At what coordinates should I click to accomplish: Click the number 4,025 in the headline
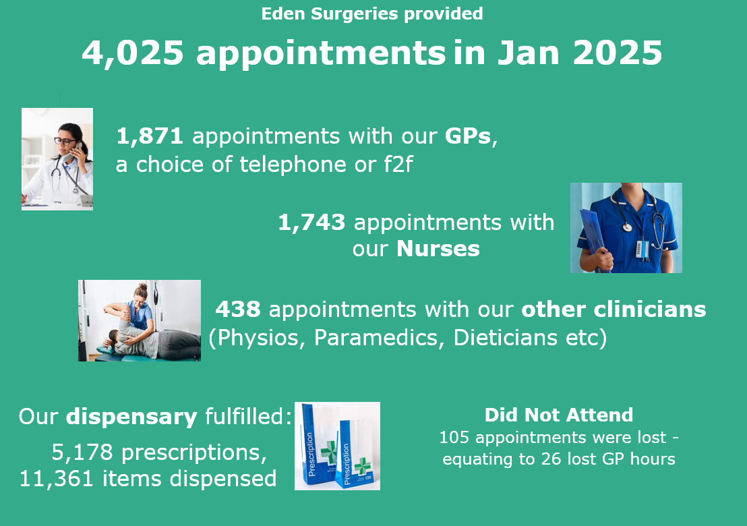tap(133, 53)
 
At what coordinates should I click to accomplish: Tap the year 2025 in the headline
tap(618, 52)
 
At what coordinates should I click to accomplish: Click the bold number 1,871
tap(150, 136)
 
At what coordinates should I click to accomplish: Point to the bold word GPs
tap(467, 136)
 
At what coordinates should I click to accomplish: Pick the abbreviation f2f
tap(398, 165)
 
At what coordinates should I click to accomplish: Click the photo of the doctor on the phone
tap(57, 158)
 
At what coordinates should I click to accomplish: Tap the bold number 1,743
tap(311, 223)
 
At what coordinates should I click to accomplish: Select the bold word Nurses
tap(438, 249)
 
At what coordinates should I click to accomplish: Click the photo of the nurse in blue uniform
tap(626, 228)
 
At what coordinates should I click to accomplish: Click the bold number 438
tap(238, 310)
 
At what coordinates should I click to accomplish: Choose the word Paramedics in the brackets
tap(376, 338)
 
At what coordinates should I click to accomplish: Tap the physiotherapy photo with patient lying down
tap(139, 320)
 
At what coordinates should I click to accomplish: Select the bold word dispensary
tap(131, 417)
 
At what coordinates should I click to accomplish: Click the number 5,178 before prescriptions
tap(82, 452)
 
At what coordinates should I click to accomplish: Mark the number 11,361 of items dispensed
tap(56, 479)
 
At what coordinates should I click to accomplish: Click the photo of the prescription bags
tap(337, 446)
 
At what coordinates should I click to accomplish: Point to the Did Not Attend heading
tap(559, 415)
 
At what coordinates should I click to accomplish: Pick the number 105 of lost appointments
tap(454, 438)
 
